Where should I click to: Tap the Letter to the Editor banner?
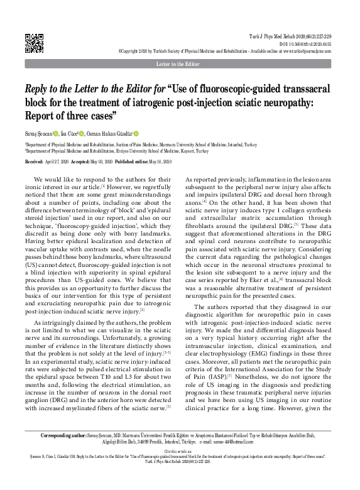180,65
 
